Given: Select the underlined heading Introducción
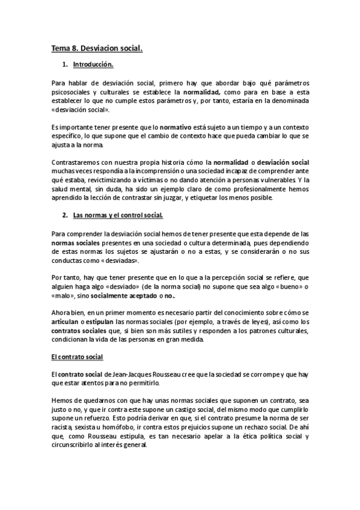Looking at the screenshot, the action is (93, 64).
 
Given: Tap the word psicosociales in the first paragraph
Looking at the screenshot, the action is (71, 93).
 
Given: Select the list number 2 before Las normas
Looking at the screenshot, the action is (64, 215).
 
